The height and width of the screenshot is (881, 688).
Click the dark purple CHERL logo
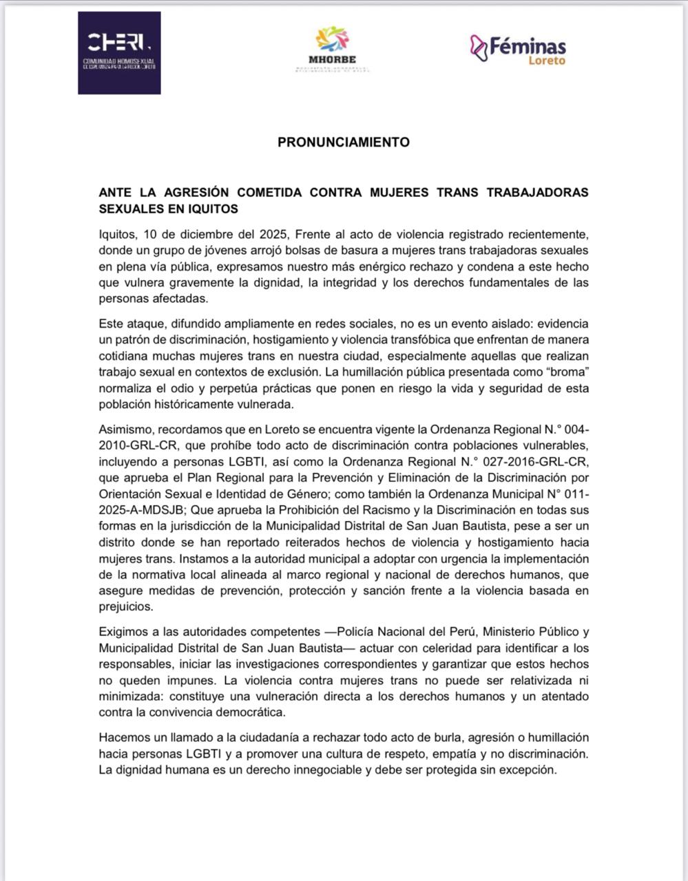coord(119,53)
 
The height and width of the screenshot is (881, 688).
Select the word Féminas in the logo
coord(528,46)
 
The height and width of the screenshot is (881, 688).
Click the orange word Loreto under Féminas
coord(546,61)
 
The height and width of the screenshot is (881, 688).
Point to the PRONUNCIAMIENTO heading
coord(344,142)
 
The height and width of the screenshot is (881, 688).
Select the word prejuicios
coord(126,607)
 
